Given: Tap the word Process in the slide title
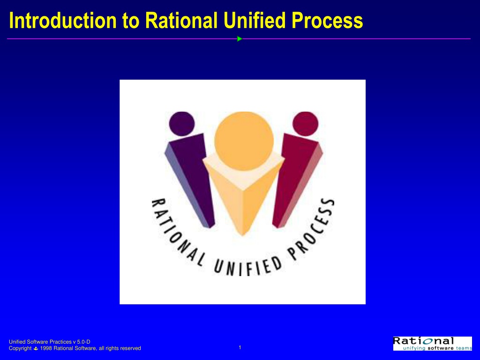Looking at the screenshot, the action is [x=327, y=21].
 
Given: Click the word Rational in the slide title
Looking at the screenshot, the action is [x=181, y=21].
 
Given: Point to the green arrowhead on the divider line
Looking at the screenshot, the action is [x=240, y=39].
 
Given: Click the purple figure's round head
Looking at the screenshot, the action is [x=182, y=124].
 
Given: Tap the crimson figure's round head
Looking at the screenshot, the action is [x=305, y=124].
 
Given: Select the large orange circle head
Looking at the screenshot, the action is [x=244, y=141].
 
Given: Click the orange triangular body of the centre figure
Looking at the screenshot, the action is [x=243, y=196].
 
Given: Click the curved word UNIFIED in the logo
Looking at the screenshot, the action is [x=247, y=266].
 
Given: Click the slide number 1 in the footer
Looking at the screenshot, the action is [x=240, y=347].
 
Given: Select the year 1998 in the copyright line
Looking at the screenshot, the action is [x=46, y=348].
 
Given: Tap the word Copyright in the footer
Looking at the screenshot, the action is [x=20, y=348].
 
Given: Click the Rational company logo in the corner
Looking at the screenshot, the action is [x=433, y=344].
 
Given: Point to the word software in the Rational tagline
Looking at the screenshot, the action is [x=441, y=348].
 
